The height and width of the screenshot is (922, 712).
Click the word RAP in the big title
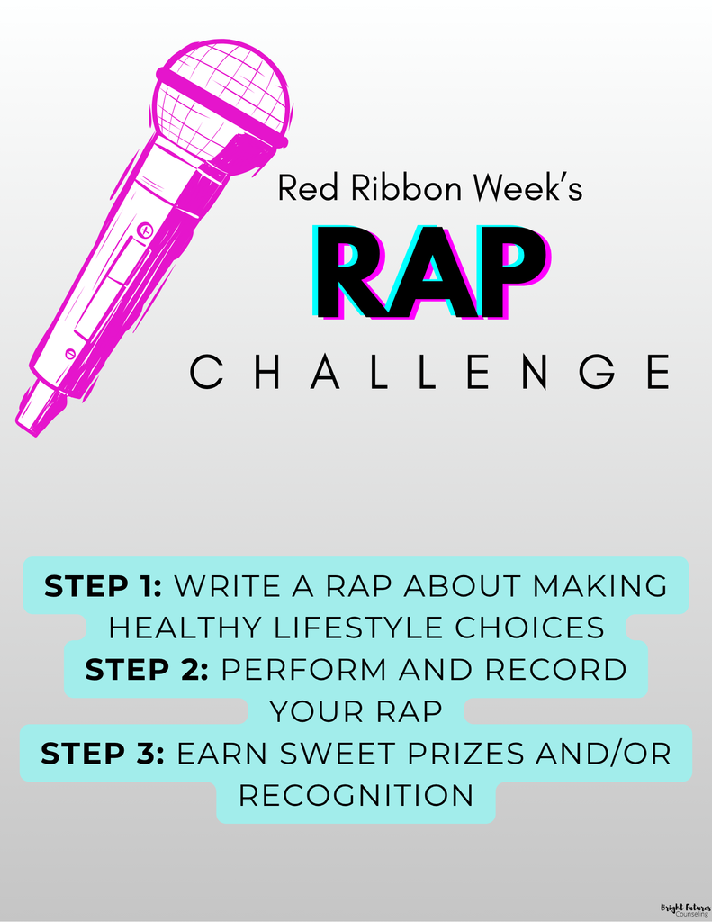click(x=431, y=274)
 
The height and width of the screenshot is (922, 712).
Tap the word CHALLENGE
click(x=430, y=372)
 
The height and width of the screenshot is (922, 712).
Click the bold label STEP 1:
click(x=103, y=586)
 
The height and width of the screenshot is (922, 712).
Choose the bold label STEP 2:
click(x=147, y=670)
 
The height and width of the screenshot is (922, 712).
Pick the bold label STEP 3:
click(x=103, y=754)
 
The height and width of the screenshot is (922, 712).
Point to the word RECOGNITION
click(x=356, y=796)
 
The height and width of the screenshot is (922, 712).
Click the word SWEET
click(x=337, y=754)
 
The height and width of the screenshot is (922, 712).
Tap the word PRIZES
click(x=464, y=754)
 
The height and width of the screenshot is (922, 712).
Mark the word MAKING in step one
click(x=600, y=586)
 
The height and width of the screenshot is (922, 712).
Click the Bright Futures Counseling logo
click(x=686, y=910)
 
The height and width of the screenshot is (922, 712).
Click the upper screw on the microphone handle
click(x=145, y=230)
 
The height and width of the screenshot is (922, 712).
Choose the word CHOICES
click(x=530, y=628)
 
